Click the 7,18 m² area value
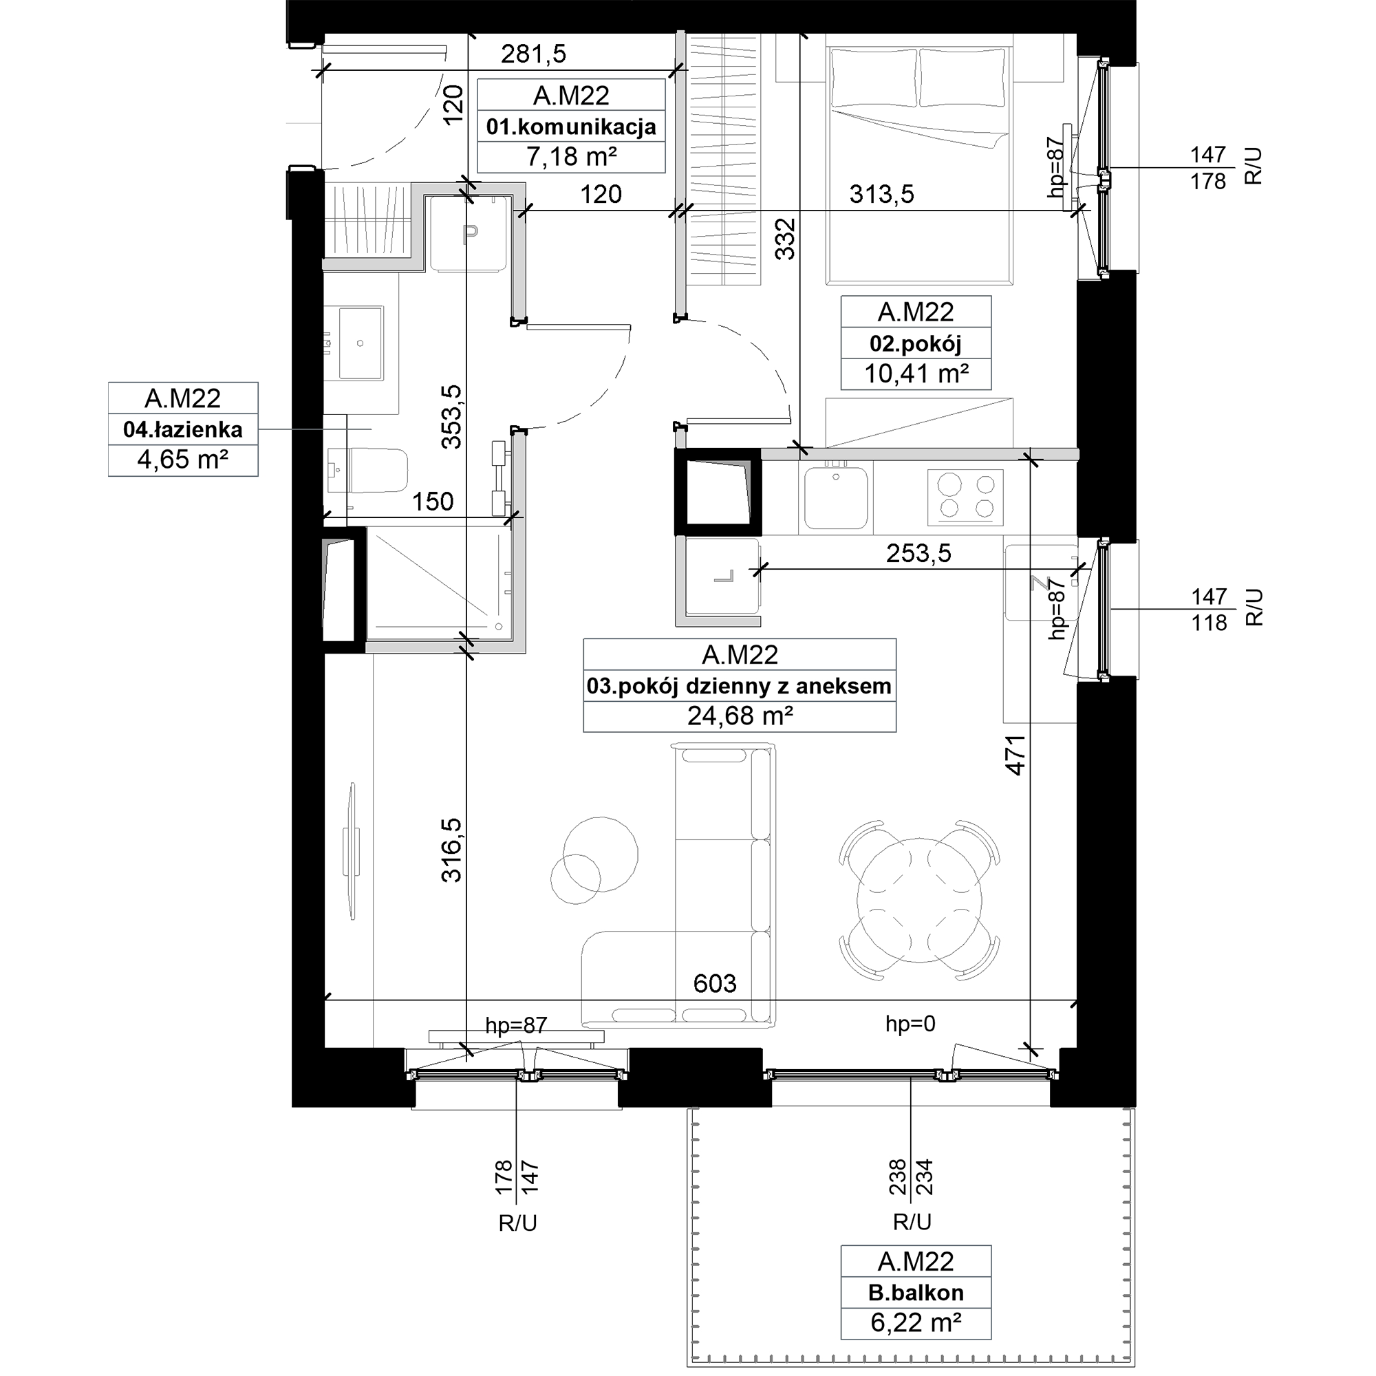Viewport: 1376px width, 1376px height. coord(571,156)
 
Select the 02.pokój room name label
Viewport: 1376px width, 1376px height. coord(915,344)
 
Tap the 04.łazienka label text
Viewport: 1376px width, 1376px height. coord(183,429)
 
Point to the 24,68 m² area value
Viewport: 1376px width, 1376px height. coord(740,716)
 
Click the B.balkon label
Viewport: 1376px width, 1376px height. coord(915,1293)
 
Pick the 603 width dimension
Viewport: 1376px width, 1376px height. coord(714,984)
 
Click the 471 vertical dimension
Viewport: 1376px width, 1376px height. coord(1015,755)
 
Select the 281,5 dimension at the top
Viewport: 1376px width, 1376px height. coord(533,54)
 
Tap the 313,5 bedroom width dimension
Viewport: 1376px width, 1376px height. coord(882,194)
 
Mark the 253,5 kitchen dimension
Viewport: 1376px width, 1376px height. coord(918,553)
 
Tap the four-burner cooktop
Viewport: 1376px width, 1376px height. coord(965,497)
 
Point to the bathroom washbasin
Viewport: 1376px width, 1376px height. coord(361,343)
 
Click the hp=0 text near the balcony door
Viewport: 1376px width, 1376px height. coord(910,1024)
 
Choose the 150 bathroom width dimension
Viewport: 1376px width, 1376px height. coord(432,502)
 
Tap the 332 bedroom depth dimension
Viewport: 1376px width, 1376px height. coord(784,239)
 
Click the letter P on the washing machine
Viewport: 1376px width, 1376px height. coord(470,234)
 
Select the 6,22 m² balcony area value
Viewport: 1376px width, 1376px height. coord(916,1322)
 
